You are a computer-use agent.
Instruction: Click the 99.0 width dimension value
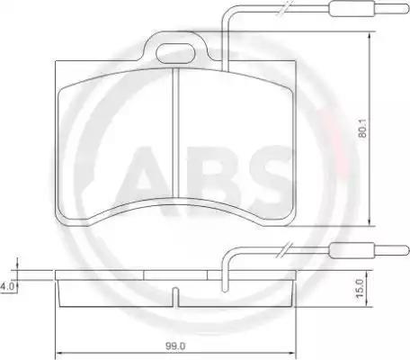pyautogui.click(x=175, y=346)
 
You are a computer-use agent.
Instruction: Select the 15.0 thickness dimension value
pyautogui.click(x=360, y=288)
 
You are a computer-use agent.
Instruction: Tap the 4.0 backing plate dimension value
pyautogui.click(x=7, y=286)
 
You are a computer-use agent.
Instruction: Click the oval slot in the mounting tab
pyautogui.click(x=175, y=53)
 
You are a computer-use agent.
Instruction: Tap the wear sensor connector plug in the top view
pyautogui.click(x=352, y=9)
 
